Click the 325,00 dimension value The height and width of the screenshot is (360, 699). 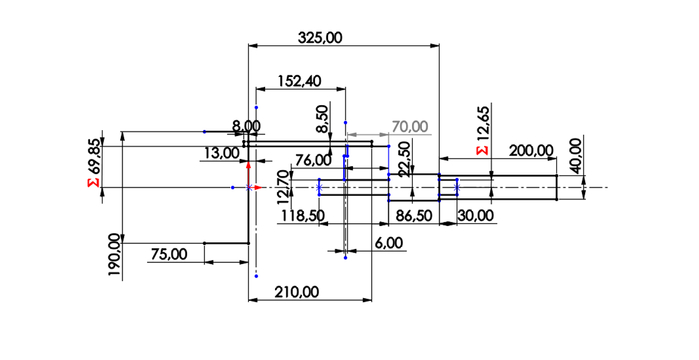320,38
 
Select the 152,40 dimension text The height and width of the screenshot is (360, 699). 299,81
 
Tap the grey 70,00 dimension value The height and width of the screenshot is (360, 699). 410,127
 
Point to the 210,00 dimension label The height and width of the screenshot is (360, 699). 297,292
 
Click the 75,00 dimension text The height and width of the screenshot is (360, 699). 169,254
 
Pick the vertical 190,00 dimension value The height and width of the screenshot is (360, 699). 114,254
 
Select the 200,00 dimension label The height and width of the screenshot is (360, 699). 531,151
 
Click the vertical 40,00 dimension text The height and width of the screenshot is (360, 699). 576,156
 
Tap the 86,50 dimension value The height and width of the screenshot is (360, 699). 414,216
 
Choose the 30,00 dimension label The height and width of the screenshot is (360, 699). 475,216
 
